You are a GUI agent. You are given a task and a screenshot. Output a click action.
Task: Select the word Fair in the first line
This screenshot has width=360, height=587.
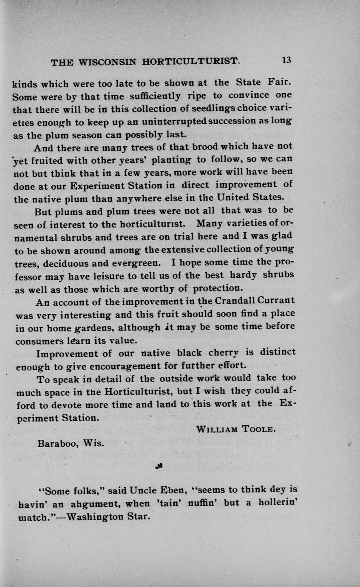click(x=279, y=82)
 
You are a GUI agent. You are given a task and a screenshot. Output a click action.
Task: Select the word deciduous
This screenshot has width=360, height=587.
click(x=74, y=262)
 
